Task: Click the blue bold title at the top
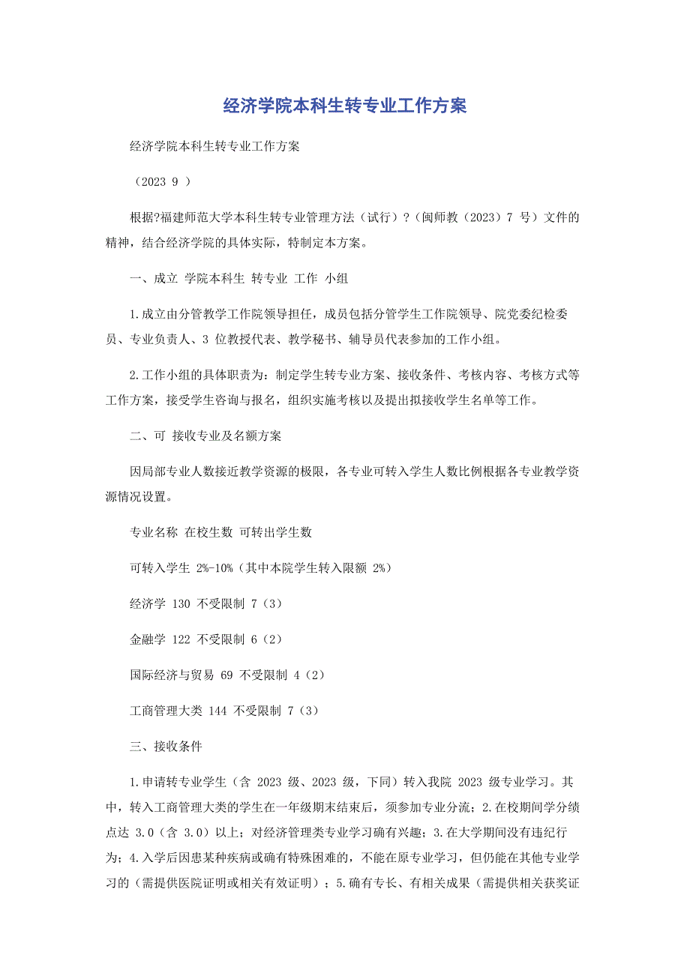345,106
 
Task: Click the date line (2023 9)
161,181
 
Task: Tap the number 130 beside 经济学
181,603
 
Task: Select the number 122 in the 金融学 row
181,639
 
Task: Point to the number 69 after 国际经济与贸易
227,675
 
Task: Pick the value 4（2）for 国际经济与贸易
310,675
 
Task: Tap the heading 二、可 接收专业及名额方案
206,435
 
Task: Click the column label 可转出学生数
275,532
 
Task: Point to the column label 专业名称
154,532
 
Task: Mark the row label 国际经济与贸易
172,675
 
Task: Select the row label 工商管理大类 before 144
166,711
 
